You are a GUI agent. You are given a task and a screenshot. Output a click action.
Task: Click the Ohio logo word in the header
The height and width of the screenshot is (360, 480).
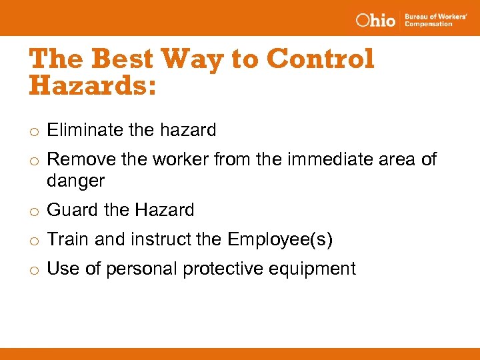pyautogui.click(x=375, y=20)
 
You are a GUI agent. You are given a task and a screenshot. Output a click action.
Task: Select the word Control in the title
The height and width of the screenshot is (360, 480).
pyautogui.click(x=320, y=59)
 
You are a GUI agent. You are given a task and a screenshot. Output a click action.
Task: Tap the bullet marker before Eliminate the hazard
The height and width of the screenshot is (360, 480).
pyautogui.click(x=33, y=131)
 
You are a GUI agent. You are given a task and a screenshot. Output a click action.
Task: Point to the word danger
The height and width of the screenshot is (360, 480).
pyautogui.click(x=75, y=180)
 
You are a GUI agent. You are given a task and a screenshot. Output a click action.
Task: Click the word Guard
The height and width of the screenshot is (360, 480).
pyautogui.click(x=72, y=210)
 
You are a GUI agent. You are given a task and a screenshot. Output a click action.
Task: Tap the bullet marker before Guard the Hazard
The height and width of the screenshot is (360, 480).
pyautogui.click(x=33, y=211)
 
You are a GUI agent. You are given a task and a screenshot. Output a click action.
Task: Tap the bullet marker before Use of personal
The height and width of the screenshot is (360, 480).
pyautogui.click(x=33, y=270)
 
